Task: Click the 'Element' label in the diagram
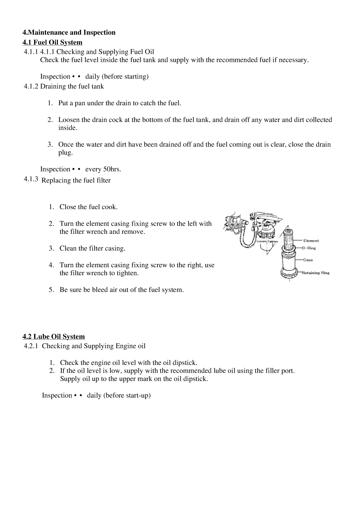coord(311,241)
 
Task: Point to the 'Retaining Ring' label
coord(316,273)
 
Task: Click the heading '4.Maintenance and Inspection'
coord(69,32)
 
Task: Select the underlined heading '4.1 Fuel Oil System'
coord(52,42)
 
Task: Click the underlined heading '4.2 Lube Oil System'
coord(54,337)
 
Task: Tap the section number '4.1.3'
coord(31,179)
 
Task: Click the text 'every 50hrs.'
coord(103,169)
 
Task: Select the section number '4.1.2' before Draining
coord(31,86)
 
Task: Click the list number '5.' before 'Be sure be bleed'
coord(52,290)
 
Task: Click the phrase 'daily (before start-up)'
coord(119,395)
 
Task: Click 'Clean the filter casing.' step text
coord(92,248)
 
